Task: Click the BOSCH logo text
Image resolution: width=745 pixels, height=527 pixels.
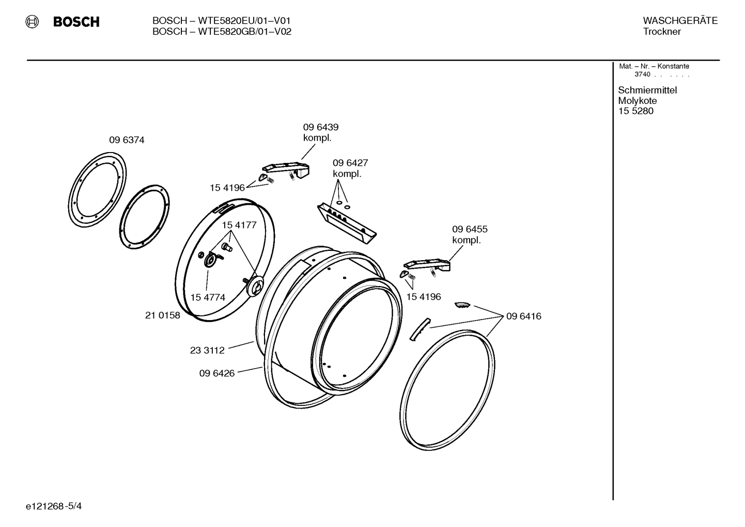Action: click(76, 22)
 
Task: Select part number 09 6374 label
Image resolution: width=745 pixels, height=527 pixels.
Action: click(127, 140)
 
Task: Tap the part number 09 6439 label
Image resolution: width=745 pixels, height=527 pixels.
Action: click(320, 127)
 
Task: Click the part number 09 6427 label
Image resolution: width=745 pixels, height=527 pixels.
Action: click(350, 163)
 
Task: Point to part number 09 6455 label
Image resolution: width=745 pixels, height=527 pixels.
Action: click(470, 229)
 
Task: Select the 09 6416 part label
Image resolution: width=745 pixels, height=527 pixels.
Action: click(523, 316)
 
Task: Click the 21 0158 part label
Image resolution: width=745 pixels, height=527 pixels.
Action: click(162, 315)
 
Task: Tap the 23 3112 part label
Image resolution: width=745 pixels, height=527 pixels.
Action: click(207, 350)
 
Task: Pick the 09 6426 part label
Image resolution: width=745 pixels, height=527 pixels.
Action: click(217, 373)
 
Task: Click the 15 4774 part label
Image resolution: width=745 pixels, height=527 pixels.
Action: click(208, 297)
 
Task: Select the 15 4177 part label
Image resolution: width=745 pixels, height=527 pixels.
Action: click(239, 225)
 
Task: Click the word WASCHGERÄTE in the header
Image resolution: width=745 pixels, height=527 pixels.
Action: click(680, 21)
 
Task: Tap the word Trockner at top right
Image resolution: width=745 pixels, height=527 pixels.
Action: click(662, 32)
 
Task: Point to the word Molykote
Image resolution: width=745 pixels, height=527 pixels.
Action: click(637, 101)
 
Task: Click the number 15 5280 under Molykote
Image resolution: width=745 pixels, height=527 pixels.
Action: click(635, 111)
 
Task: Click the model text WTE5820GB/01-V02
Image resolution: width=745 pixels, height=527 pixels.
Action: click(222, 32)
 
